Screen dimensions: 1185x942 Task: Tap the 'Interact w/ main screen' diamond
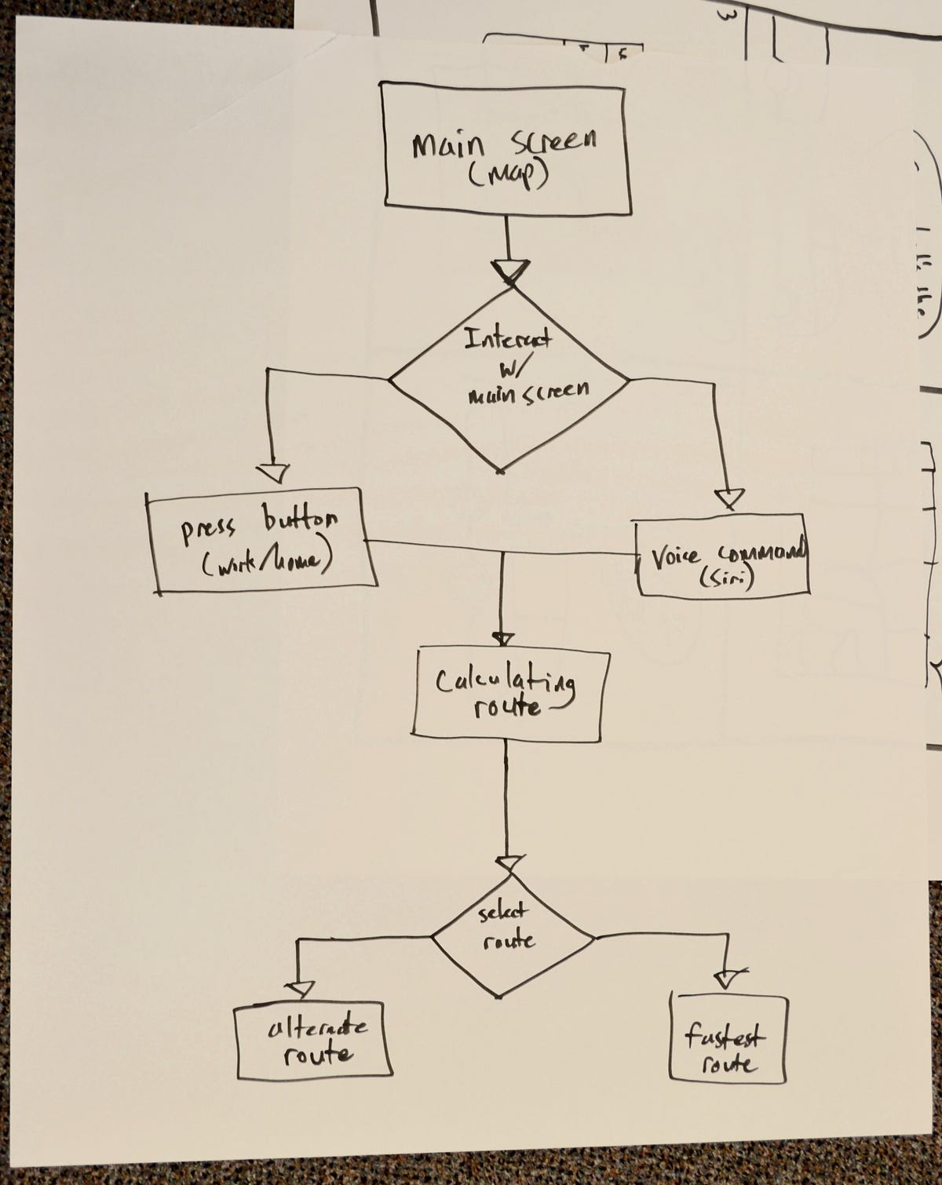pos(509,381)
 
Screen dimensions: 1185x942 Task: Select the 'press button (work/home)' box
pos(261,540)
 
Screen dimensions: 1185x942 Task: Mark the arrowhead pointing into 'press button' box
pos(272,472)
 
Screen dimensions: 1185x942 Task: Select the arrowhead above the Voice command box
pos(729,498)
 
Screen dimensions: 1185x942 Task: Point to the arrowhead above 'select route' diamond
pos(509,862)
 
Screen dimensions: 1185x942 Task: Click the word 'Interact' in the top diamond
pos(508,339)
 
